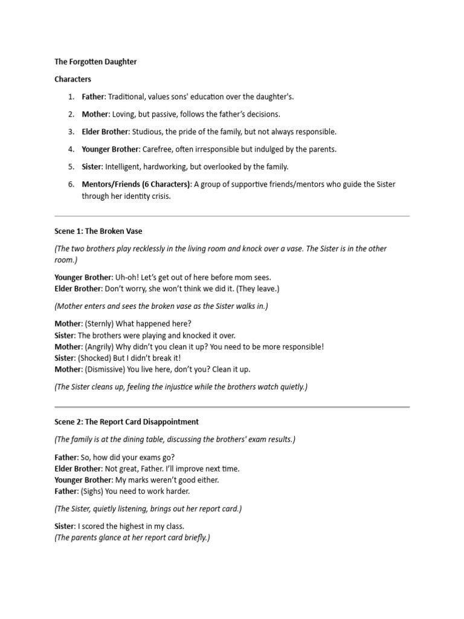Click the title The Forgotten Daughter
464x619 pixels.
pyautogui.click(x=95, y=62)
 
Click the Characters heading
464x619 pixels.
pyautogui.click(x=72, y=79)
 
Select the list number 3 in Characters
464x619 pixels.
pyautogui.click(x=71, y=132)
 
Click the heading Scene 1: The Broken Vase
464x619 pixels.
pyautogui.click(x=98, y=232)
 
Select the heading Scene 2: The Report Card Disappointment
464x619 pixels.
pyautogui.click(x=126, y=422)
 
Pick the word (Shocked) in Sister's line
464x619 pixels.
pyautogui.click(x=94, y=358)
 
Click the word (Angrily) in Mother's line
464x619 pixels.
pyautogui.click(x=100, y=347)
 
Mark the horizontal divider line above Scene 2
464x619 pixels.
pyautogui.click(x=232, y=407)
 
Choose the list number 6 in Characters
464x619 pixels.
pyautogui.click(x=71, y=184)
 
